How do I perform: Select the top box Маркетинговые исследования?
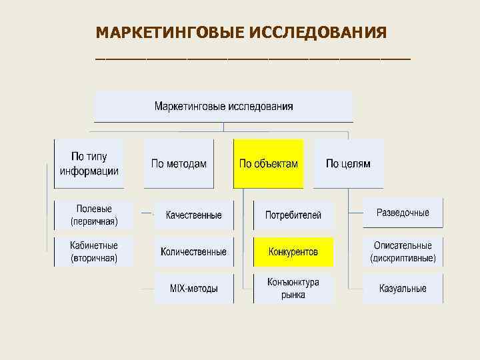(x=223, y=107)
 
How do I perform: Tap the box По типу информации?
(x=89, y=163)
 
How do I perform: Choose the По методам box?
(x=179, y=163)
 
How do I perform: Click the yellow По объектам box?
(x=268, y=163)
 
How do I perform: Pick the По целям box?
(x=348, y=163)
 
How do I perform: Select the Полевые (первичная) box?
(x=94, y=215)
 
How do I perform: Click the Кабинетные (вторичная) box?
(x=94, y=251)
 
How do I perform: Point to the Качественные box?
(x=193, y=215)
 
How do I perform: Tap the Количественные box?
(x=193, y=251)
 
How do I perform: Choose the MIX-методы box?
(x=193, y=288)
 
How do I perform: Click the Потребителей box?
(x=293, y=215)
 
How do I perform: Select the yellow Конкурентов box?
(x=293, y=251)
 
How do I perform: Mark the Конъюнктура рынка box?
(x=293, y=288)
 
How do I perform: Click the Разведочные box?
(x=403, y=213)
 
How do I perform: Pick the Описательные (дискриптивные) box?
(x=403, y=251)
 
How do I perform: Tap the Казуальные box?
(x=403, y=288)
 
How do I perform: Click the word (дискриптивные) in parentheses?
(x=403, y=257)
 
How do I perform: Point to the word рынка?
(x=293, y=294)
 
